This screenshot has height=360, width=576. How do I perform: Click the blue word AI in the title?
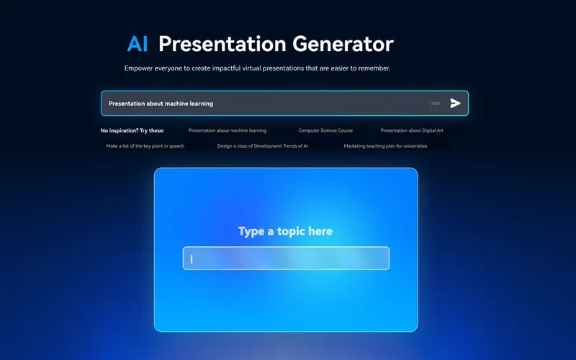138,44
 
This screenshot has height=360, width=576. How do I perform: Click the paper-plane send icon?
455,103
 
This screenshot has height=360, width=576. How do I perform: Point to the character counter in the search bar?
434,104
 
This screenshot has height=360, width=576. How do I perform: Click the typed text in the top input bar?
161,104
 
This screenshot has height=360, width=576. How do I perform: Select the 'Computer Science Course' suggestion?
325,130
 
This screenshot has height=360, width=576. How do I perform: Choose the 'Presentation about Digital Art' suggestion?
412,130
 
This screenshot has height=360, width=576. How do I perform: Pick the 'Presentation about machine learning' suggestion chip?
228,130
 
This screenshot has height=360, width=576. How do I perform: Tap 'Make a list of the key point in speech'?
145,146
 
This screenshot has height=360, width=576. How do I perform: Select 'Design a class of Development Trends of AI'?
263,146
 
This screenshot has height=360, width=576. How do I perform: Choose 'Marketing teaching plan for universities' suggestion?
385,146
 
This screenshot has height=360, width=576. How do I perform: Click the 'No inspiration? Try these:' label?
132,130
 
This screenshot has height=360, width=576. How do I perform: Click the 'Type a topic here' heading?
285,231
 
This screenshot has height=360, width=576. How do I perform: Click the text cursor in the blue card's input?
192,258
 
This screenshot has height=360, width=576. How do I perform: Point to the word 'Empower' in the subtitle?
140,68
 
